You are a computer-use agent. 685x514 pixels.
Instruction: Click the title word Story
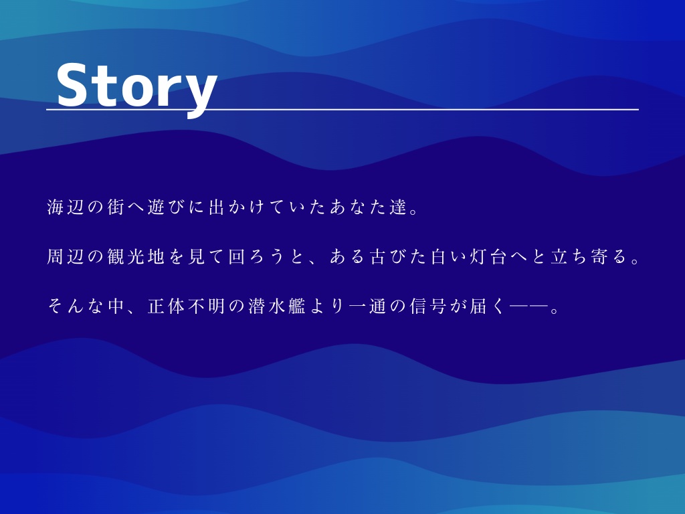pos(136,86)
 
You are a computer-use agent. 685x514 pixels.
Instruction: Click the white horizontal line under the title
pos(401,109)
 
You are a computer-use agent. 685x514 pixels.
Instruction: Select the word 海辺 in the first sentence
pos(66,207)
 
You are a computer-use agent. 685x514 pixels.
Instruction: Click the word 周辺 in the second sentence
pos(66,256)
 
